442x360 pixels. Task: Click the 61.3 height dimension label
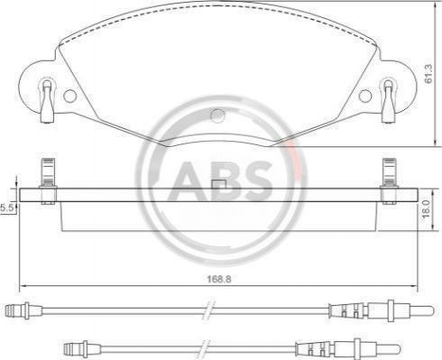coord(428,74)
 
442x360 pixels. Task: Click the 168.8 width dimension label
coord(218,279)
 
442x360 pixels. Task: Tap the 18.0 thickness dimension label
coord(427,209)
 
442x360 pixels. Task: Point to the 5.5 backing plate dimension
coord(7,208)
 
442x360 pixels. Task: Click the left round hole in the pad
coord(70,96)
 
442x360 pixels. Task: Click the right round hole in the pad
coord(365,96)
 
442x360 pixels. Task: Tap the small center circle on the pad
coord(218,115)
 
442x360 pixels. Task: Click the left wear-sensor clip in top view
coord(48,101)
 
